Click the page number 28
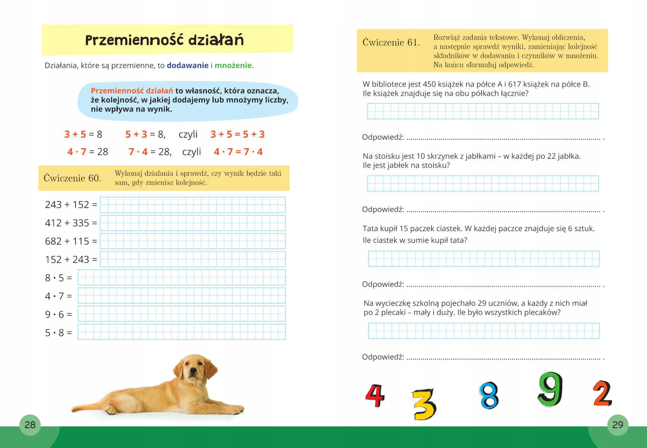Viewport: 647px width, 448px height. (x=30, y=425)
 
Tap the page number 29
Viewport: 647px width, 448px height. (x=618, y=425)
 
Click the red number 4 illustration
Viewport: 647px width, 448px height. (x=375, y=395)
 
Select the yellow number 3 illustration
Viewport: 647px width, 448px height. (x=424, y=404)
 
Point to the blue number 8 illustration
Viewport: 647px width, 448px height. (x=489, y=395)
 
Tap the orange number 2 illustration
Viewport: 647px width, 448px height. (x=602, y=393)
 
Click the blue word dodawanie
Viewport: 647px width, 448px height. (x=188, y=66)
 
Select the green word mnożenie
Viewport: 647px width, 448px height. (x=233, y=66)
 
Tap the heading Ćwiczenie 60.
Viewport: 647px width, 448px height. (x=72, y=178)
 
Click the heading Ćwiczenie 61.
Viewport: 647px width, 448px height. (x=391, y=42)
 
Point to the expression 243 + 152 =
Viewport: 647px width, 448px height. (x=71, y=204)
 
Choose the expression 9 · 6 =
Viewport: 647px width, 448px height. (x=58, y=314)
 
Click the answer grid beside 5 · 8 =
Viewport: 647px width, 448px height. (x=182, y=332)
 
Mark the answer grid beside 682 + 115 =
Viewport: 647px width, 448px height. (x=192, y=241)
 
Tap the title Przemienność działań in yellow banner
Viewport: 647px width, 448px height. (x=164, y=40)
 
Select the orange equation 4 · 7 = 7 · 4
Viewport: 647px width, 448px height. (x=238, y=152)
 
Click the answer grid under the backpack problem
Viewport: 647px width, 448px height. (x=484, y=331)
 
